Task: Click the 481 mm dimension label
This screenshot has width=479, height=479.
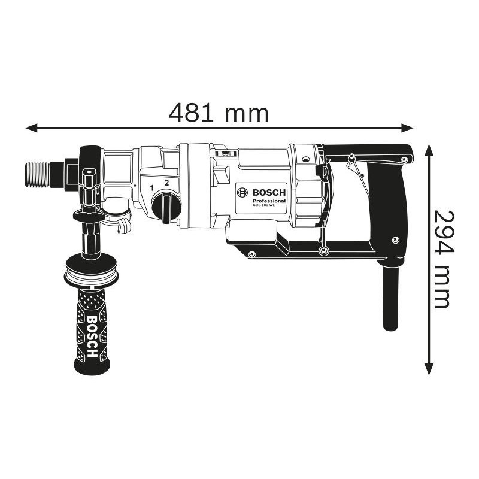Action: pos(218,112)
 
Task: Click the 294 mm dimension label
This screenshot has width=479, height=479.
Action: pos(441,258)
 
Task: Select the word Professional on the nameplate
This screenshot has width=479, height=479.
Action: pos(269,200)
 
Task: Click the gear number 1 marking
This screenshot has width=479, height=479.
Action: pos(152,187)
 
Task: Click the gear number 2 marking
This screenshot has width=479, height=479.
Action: pos(166,182)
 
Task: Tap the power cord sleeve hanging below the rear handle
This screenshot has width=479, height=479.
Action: pos(390,296)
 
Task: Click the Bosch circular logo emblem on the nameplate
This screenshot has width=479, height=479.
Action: pos(243,193)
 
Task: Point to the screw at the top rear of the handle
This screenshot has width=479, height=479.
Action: pos(405,159)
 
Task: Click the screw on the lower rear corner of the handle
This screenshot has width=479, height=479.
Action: pos(395,240)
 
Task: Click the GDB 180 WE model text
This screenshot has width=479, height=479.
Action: pos(263,206)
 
